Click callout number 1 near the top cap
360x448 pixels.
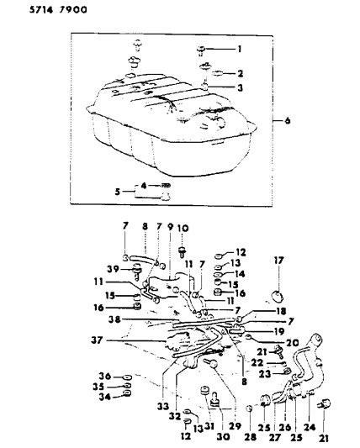(239, 49)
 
